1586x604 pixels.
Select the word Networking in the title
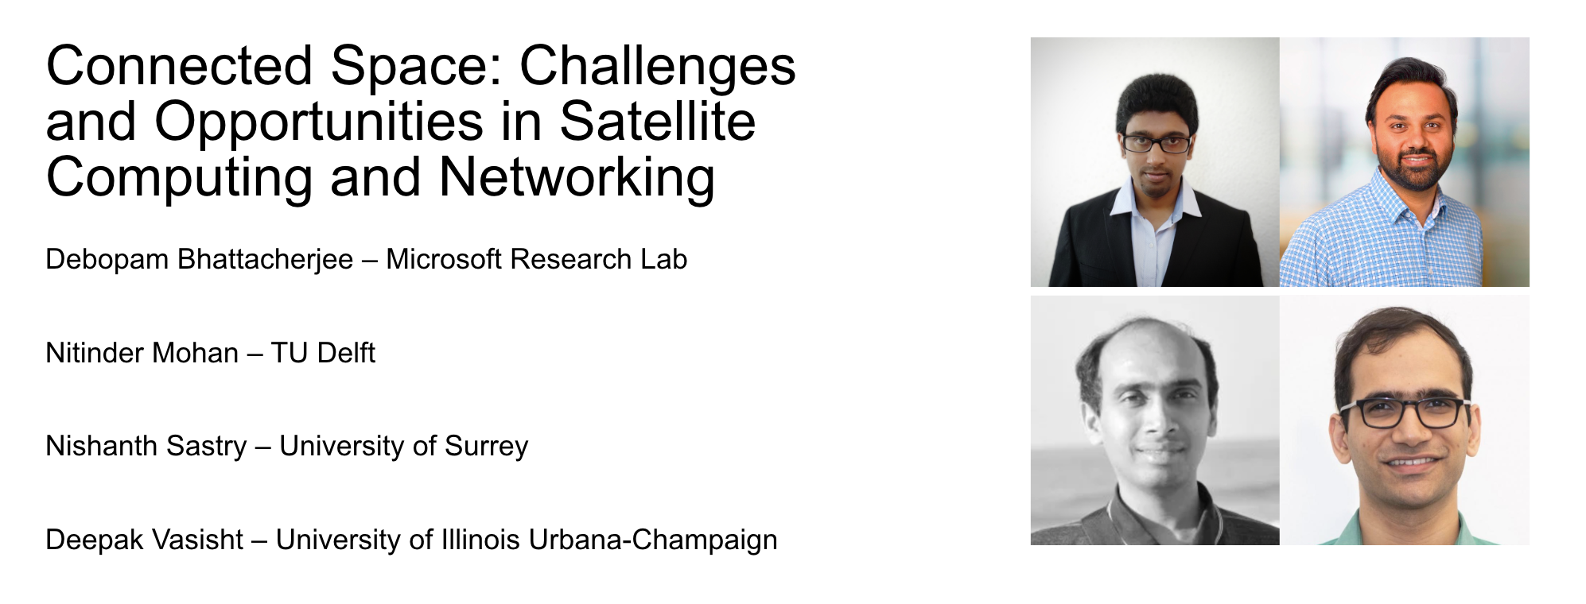(x=577, y=176)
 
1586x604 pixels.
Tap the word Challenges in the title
(x=658, y=67)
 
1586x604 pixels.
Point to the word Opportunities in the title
(x=319, y=123)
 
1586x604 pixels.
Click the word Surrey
(x=486, y=447)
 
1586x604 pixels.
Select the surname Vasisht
(x=207, y=540)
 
